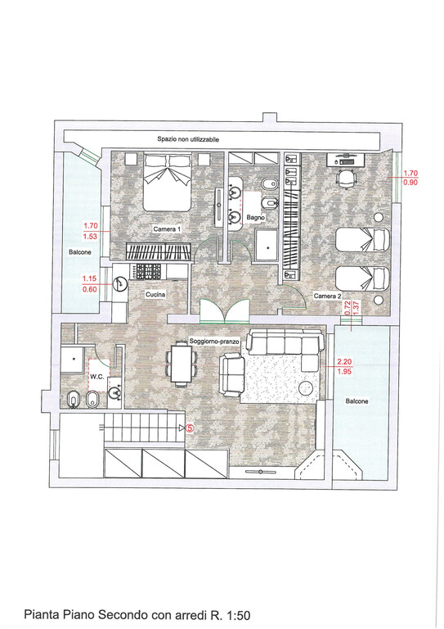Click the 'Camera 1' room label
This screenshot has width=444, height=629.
167,229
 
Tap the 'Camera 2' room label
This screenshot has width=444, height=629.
328,296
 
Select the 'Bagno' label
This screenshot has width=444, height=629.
256,217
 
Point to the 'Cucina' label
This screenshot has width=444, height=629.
155,295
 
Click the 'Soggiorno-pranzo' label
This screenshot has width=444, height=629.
214,342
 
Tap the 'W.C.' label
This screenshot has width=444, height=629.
96,377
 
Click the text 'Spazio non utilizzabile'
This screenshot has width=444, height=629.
188,139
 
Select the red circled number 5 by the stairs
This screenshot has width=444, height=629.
190,428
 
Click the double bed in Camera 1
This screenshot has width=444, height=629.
167,182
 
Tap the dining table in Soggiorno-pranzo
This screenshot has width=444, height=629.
182,364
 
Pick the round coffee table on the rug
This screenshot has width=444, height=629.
307,388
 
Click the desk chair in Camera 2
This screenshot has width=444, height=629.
346,178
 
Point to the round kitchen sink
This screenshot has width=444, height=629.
119,284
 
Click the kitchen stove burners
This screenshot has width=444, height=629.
149,271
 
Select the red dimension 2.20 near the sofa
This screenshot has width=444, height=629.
344,363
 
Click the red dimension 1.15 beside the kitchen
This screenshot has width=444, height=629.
90,278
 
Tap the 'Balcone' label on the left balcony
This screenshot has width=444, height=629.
80,252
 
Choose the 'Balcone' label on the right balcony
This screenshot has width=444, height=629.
357,401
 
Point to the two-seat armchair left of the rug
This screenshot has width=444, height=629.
231,374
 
